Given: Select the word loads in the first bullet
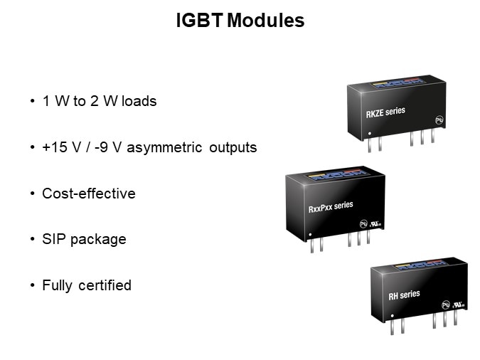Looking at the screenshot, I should pyautogui.click(x=139, y=101).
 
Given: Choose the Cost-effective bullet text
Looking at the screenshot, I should pyautogui.click(x=88, y=194).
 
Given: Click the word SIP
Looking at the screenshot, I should pyautogui.click(x=53, y=239).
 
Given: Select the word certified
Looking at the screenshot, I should pyautogui.click(x=105, y=285).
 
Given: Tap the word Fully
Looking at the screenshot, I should pyautogui.click(x=58, y=285).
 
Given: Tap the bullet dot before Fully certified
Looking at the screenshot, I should pyautogui.click(x=33, y=285).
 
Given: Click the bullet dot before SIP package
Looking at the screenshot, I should pyautogui.click(x=33, y=240).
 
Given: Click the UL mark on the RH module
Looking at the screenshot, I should pyautogui.click(x=459, y=303).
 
